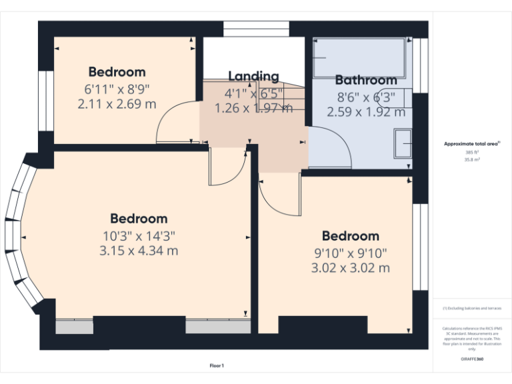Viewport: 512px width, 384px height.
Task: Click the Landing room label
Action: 253,76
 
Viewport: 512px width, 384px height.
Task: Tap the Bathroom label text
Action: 366,80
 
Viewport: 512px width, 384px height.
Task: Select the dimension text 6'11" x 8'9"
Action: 117,88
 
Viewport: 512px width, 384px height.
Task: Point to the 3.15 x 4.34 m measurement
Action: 139,251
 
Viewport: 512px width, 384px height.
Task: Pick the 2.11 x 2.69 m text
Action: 117,104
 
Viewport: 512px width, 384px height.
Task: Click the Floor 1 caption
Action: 217,365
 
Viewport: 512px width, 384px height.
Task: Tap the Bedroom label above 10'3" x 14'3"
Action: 139,219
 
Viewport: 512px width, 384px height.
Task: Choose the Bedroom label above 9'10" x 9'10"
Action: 350,236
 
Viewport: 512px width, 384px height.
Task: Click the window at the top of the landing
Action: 255,29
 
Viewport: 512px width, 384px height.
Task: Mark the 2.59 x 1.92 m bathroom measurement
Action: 366,112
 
